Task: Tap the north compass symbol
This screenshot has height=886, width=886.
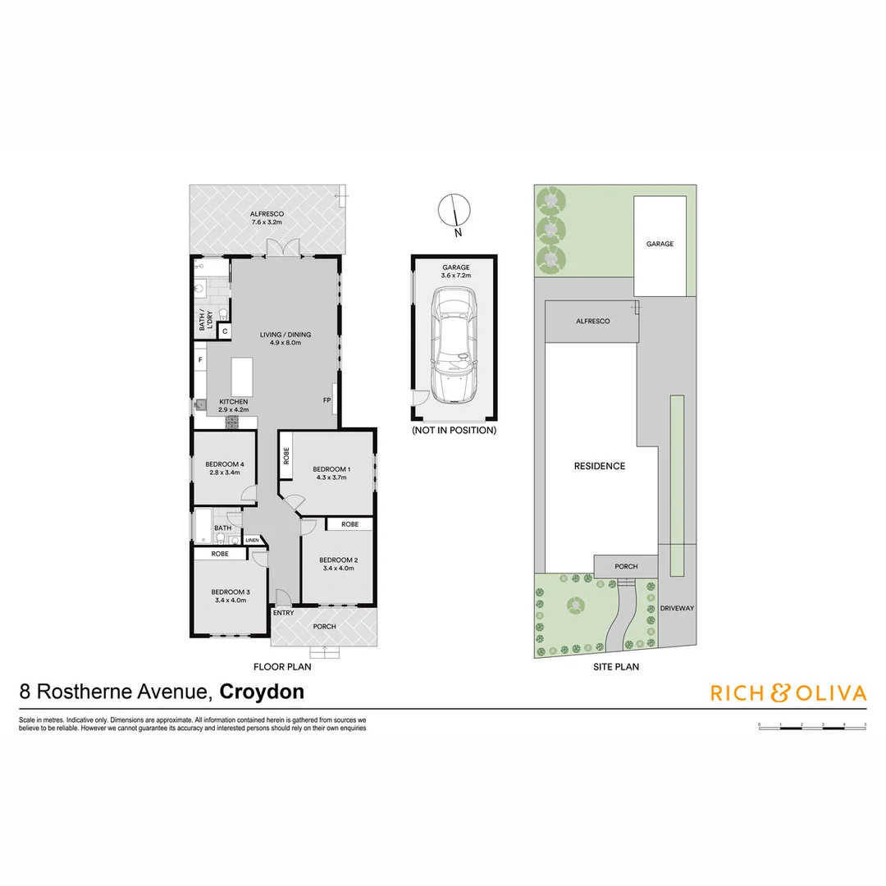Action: pos(454,211)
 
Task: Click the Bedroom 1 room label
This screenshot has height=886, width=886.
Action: pos(331,469)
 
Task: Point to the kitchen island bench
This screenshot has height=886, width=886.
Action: pos(242,377)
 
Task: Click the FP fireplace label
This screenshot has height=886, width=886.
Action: pos(327,400)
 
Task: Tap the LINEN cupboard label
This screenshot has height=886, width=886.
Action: pos(252,540)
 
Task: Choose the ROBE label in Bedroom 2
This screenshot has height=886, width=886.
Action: pos(349,523)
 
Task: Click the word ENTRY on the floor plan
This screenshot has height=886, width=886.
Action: pos(283,613)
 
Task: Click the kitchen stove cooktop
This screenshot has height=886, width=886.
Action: pos(232,422)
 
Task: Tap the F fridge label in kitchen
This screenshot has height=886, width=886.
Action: pos(199,359)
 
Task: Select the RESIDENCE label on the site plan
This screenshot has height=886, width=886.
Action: pos(599,466)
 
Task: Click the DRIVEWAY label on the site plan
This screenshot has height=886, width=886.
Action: pos(677,608)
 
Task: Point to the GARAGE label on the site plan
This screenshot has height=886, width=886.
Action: pos(660,244)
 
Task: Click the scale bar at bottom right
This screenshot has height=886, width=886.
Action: pos(811,726)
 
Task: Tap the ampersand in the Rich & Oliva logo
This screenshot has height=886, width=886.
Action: pos(779,693)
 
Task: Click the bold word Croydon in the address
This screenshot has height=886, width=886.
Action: pos(263,692)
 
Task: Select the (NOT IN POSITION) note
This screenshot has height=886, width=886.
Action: pos(454,430)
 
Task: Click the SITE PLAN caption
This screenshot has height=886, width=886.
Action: pos(615,667)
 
